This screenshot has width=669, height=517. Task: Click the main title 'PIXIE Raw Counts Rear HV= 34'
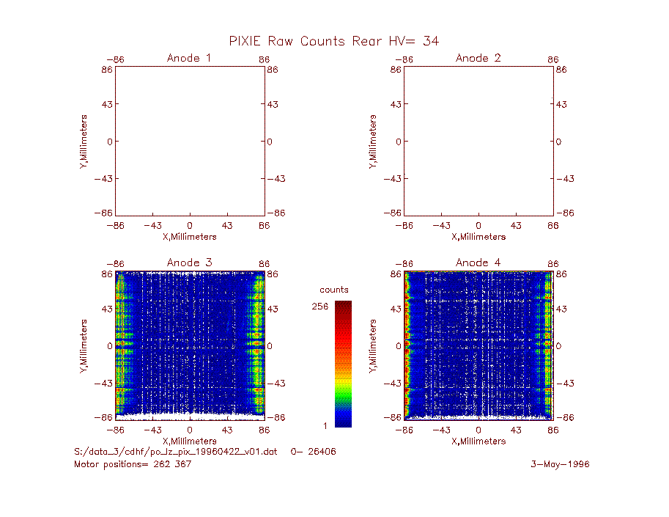[333, 41]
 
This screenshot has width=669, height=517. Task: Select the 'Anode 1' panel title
[189, 58]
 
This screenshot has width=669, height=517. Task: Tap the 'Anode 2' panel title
[478, 58]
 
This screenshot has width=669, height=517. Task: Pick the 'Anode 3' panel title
[190, 263]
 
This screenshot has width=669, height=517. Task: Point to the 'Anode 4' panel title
[478, 263]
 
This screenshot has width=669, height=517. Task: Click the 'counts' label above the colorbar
[334, 290]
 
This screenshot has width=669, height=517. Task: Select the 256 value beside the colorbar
[320, 307]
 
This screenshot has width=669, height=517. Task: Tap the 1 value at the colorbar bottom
[325, 425]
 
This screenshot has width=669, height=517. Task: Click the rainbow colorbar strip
[343, 364]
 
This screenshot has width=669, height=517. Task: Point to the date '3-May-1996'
[560, 464]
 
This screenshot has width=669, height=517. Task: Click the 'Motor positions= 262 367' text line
[133, 464]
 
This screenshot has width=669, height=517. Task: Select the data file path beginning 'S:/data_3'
[176, 452]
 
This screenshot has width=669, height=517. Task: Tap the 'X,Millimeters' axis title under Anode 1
[190, 237]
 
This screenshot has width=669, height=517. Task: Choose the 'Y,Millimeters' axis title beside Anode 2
[373, 142]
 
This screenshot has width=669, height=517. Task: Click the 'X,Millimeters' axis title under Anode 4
[478, 441]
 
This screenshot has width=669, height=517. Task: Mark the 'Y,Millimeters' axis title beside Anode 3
[84, 346]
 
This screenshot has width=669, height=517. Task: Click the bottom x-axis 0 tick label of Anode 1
[190, 225]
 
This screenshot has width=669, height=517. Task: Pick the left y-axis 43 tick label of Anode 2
[396, 104]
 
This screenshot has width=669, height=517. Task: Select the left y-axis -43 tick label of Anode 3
[103, 384]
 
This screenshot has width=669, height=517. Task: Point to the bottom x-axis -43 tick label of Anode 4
[441, 430]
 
